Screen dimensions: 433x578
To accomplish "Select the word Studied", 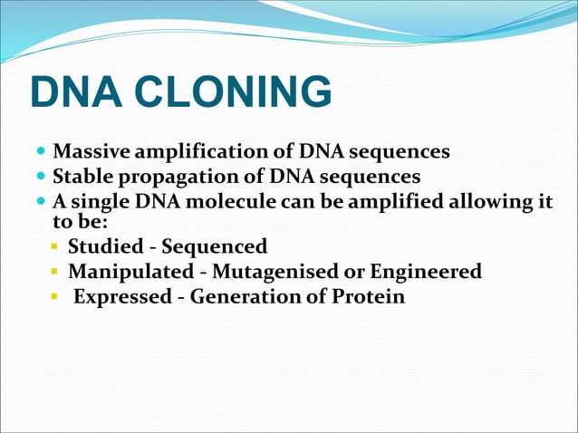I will click(103, 246).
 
